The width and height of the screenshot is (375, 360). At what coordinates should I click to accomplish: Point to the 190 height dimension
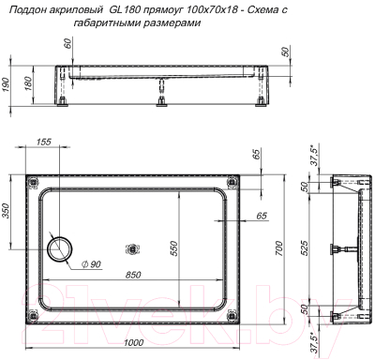click(x=7, y=85)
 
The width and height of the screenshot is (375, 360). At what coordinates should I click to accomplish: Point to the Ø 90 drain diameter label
click(x=91, y=265)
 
